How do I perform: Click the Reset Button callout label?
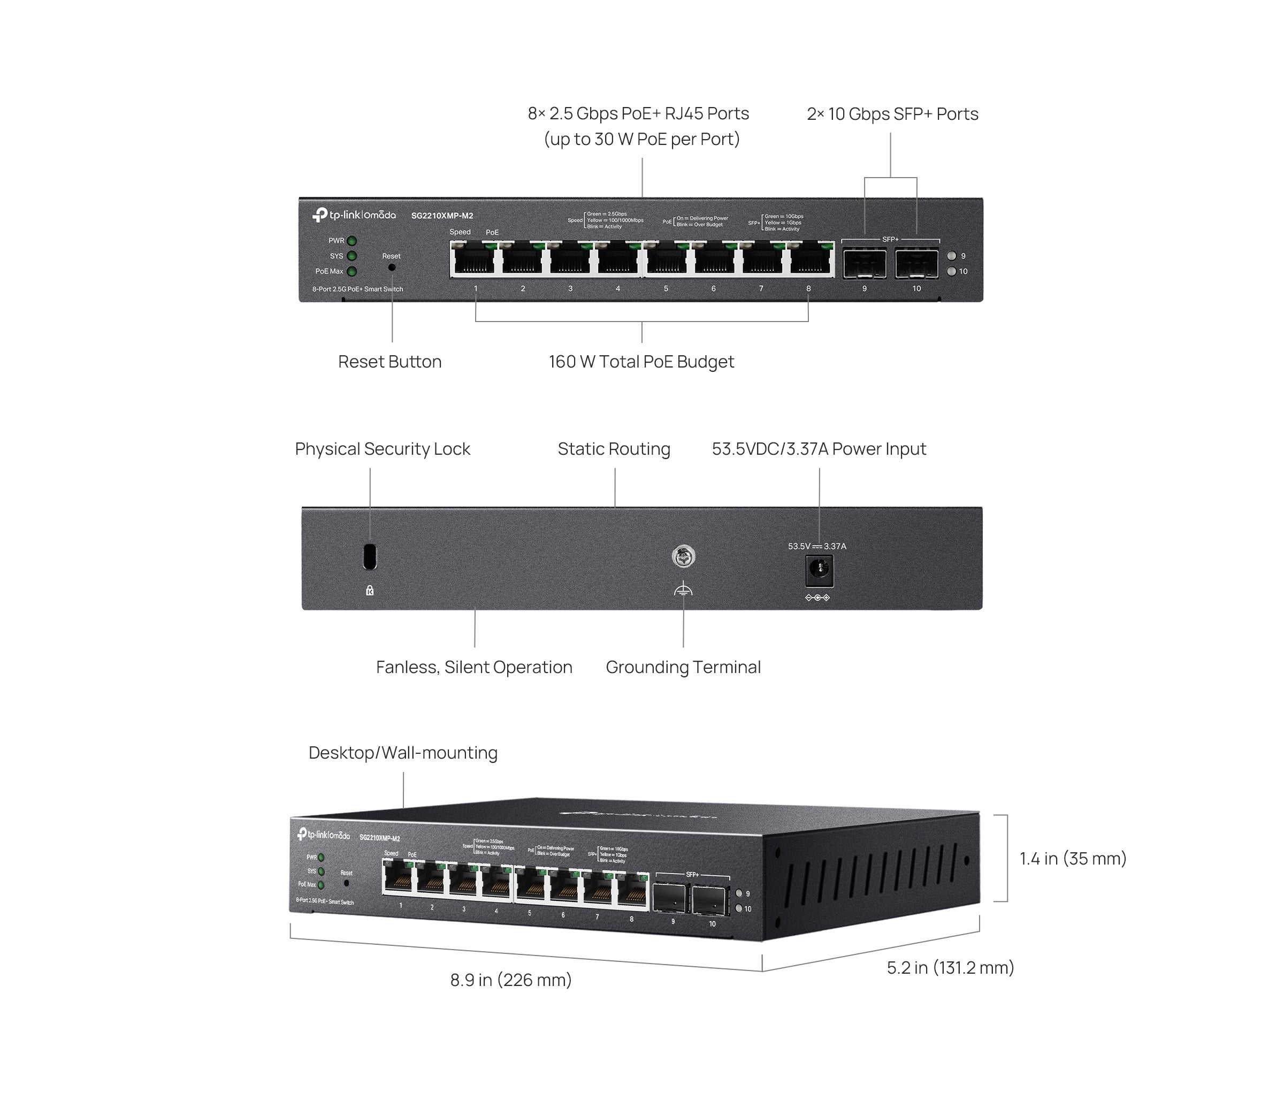[390, 362]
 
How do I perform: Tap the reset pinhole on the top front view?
[392, 267]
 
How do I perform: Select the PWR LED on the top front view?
[351, 241]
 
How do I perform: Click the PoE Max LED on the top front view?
[351, 271]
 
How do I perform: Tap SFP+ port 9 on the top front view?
[865, 264]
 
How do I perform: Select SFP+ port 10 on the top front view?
[916, 264]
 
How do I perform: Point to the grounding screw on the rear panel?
[683, 556]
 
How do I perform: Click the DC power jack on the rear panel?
[819, 571]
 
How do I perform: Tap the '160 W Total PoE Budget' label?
[641, 362]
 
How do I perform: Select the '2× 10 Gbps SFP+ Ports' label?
[892, 114]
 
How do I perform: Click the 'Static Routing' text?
[614, 449]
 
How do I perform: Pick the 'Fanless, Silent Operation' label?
[474, 667]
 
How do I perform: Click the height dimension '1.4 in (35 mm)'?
[1073, 859]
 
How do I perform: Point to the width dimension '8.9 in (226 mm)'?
[510, 980]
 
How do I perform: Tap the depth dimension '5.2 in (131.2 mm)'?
[950, 968]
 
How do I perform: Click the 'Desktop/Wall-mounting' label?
[403, 753]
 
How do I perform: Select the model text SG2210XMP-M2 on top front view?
[442, 216]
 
